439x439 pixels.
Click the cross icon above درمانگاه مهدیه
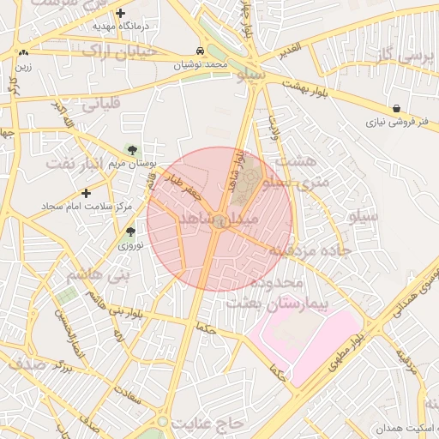point(120,13)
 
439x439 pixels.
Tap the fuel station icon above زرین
point(21,53)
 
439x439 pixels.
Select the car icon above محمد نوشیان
point(200,51)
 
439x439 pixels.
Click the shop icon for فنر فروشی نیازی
point(395,109)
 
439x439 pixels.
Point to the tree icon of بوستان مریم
point(131,149)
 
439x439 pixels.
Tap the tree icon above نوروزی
point(130,232)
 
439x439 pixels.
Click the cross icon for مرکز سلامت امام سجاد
point(86,193)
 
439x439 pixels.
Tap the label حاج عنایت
point(207,424)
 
